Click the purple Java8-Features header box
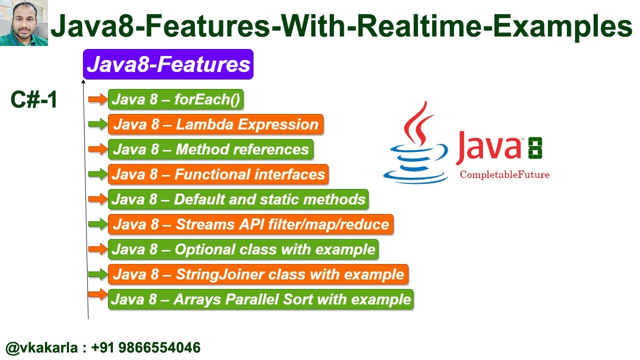tap(168, 64)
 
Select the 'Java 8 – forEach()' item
tap(175, 99)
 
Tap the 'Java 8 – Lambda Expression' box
tap(215, 124)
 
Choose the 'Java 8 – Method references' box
tap(210, 149)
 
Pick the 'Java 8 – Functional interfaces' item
tap(218, 174)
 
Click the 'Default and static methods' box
tap(238, 199)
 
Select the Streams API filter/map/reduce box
tap(250, 224)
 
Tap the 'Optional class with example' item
tap(243, 249)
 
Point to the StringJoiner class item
tap(258, 274)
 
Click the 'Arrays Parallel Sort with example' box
tap(260, 299)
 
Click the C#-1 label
tap(34, 100)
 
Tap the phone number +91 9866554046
tap(146, 348)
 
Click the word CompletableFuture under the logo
tap(504, 174)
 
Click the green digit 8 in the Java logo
tap(534, 148)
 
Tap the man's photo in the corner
tap(23, 23)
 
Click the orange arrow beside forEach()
tap(97, 99)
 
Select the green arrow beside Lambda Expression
tap(97, 124)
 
